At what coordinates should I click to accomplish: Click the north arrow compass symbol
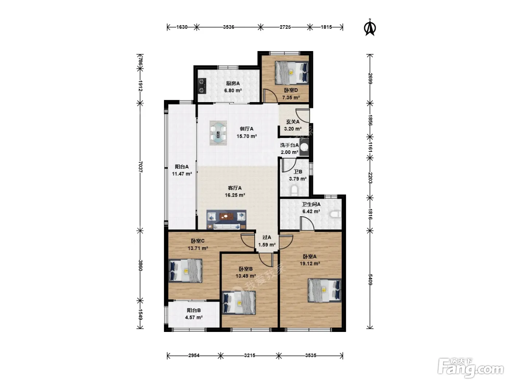(370, 28)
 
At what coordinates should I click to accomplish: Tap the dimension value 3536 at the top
(228, 27)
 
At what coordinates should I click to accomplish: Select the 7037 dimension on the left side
(140, 166)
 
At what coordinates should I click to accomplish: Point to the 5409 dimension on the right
(370, 279)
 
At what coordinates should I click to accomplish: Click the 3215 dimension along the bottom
(250, 355)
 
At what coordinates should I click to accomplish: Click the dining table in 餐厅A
(218, 133)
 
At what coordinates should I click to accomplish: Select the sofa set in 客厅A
(226, 220)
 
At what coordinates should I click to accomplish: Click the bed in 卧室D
(291, 73)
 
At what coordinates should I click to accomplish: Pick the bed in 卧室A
(324, 290)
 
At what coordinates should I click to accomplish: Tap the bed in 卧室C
(185, 271)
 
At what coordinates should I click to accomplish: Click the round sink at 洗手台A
(304, 147)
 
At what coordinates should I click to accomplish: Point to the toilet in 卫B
(294, 190)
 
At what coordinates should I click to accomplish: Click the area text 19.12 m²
(310, 263)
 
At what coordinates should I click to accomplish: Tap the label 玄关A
(293, 121)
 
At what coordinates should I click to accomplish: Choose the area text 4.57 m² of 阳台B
(194, 317)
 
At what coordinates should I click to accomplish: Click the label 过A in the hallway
(267, 237)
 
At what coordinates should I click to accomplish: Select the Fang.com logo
(470, 368)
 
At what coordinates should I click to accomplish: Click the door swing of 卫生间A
(307, 224)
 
